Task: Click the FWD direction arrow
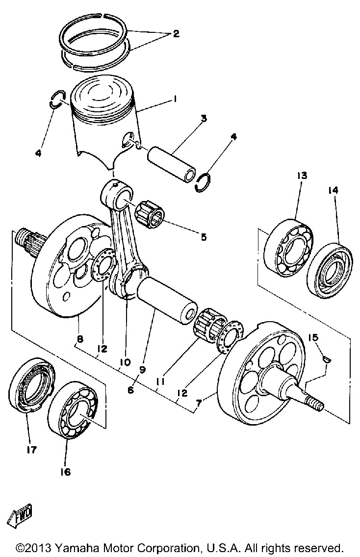(20, 515)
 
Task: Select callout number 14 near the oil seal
(333, 190)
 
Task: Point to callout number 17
(31, 450)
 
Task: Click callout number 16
(66, 472)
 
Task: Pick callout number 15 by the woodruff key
(313, 337)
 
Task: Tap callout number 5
(203, 237)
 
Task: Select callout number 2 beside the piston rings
(176, 34)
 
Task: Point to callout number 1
(175, 100)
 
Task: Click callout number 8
(80, 339)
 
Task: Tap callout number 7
(199, 403)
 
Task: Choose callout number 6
(131, 390)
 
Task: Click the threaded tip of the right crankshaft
(315, 404)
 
